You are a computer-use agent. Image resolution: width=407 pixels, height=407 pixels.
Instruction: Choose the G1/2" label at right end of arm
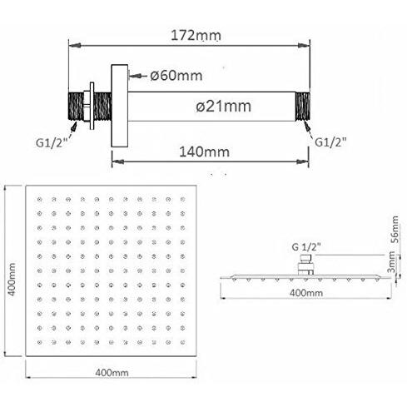(x=330, y=141)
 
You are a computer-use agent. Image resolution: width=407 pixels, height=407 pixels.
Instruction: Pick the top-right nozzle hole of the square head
(x=184, y=199)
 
